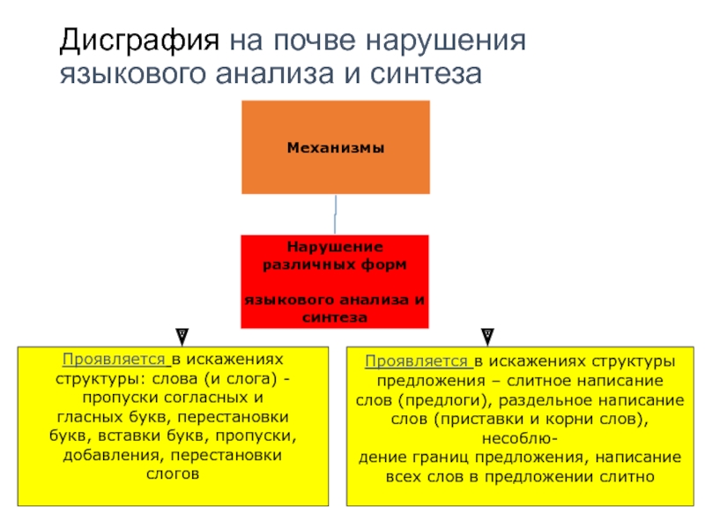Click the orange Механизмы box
tap(336, 147)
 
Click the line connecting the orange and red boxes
tap(335, 214)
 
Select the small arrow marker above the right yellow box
tap(486, 335)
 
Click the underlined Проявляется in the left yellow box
tap(115, 360)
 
